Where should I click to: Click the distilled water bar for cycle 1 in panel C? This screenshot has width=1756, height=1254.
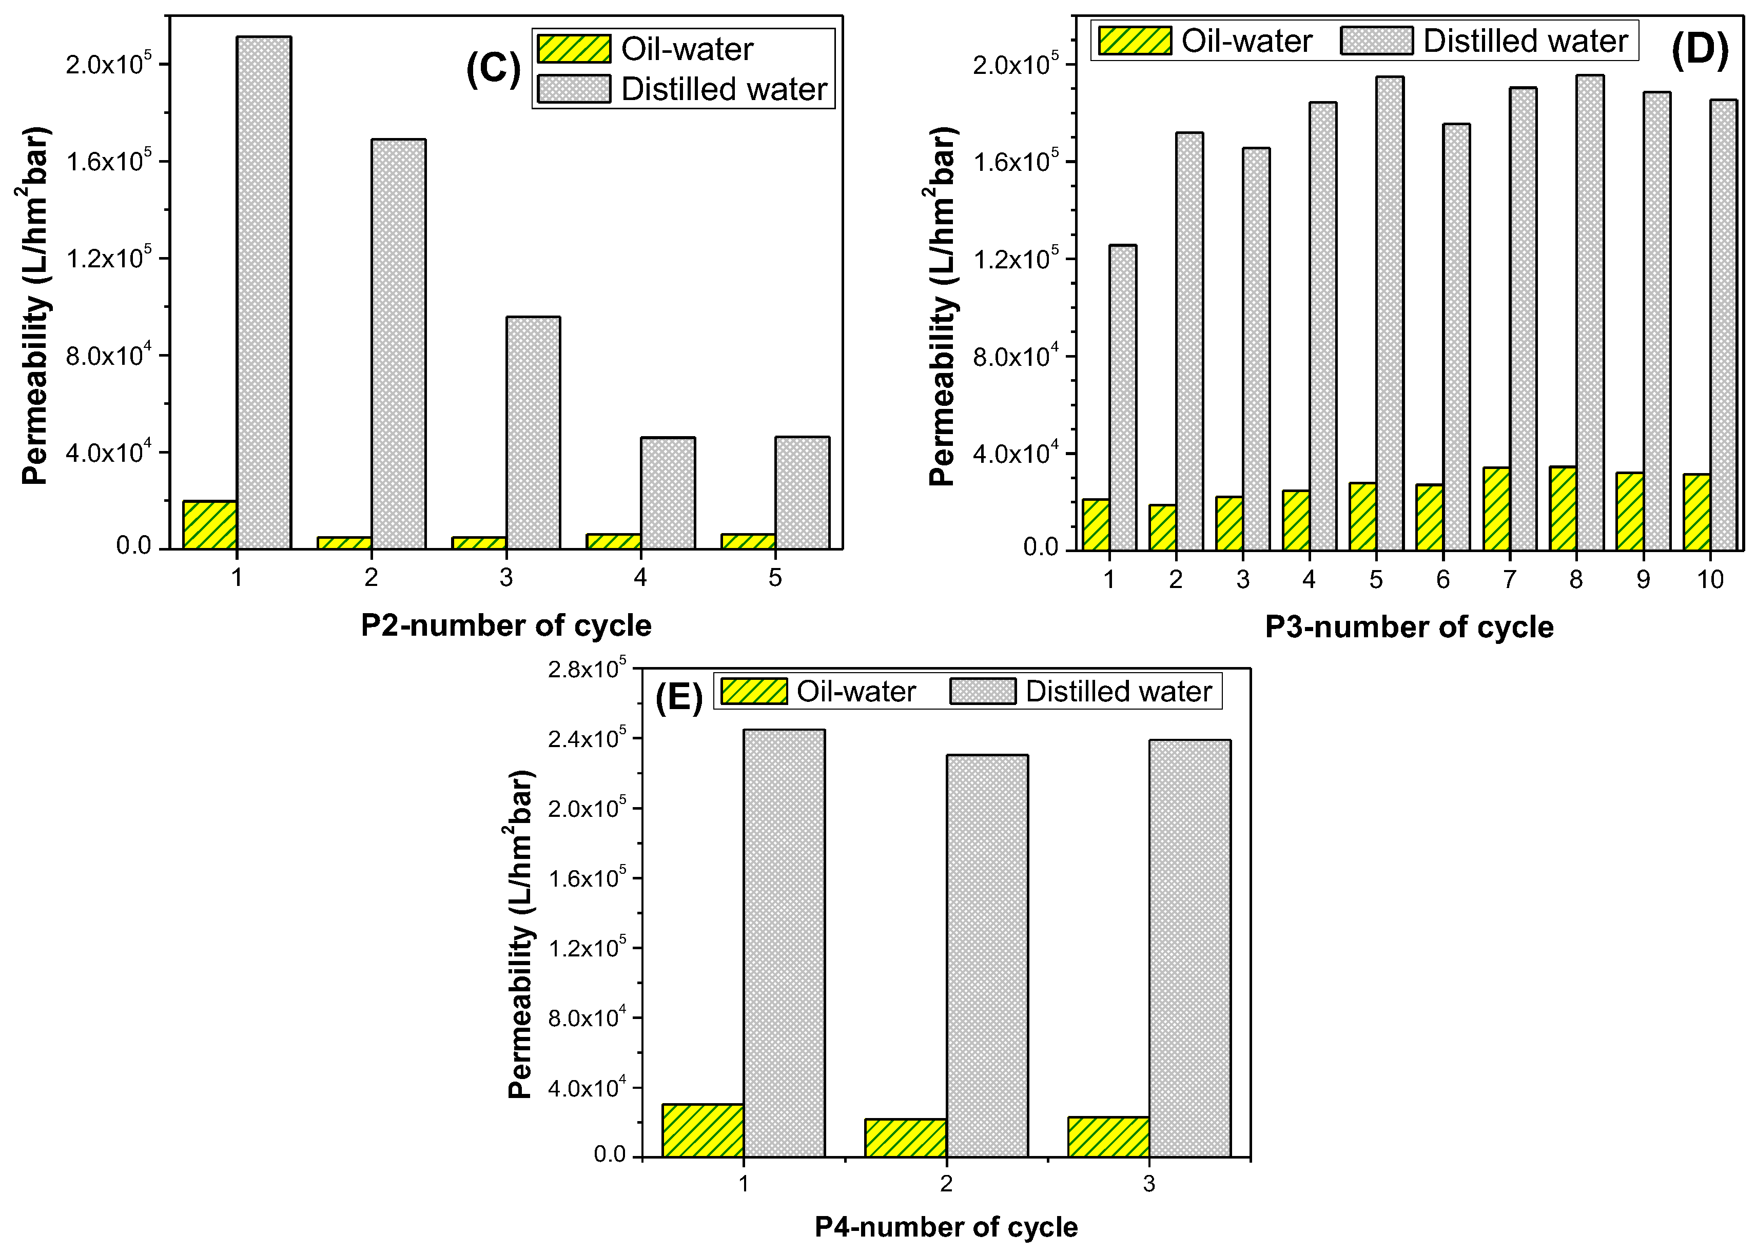click(x=263, y=293)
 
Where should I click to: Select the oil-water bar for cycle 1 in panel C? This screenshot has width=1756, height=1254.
click(x=209, y=525)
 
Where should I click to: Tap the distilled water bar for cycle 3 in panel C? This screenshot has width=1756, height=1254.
click(x=533, y=433)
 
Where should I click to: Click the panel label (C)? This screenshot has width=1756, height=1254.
click(x=493, y=69)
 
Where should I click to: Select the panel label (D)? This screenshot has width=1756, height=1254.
click(x=1699, y=51)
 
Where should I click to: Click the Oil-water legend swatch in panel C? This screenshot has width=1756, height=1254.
click(x=574, y=49)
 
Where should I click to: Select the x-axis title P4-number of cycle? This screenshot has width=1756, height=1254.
click(x=946, y=1227)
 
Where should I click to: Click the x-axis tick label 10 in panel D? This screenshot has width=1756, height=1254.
click(x=1710, y=580)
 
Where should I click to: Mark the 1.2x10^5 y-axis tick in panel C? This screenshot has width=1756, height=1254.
click(x=108, y=258)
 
